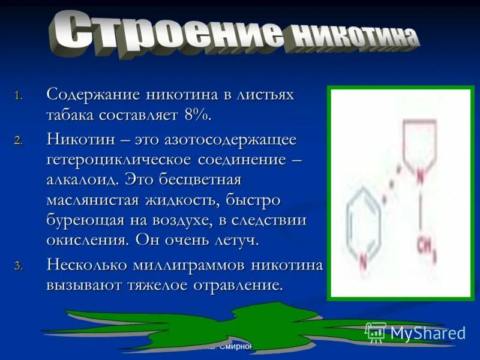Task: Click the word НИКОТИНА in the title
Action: [354, 38]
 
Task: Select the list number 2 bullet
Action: [18, 141]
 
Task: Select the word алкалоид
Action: [82, 180]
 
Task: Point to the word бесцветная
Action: [200, 180]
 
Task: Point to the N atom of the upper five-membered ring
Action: [421, 176]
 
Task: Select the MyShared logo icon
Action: [376, 332]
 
